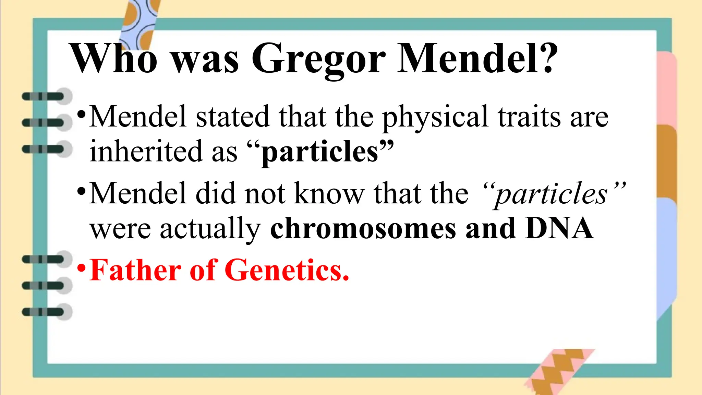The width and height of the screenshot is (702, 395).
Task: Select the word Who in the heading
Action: pos(113,58)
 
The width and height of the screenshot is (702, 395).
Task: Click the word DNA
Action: pos(559,228)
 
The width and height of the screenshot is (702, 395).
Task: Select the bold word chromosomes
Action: pos(363,229)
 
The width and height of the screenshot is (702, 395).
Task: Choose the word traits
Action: pos(529,117)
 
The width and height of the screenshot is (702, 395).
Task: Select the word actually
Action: pos(210,229)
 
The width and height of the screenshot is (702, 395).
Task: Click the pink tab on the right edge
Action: pos(667,87)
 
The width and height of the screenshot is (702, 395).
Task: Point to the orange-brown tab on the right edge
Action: pos(667,161)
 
